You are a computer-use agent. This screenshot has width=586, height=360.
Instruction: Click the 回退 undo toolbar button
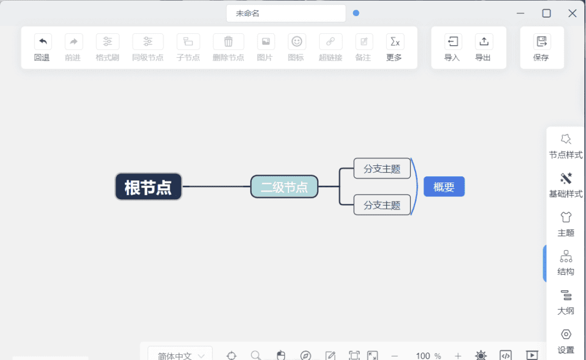coord(42,48)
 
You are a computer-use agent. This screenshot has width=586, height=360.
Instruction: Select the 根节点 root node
coord(148,187)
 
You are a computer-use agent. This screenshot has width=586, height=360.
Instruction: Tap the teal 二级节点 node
coord(284,187)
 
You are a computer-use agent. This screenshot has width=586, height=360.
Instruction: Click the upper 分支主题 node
coord(382,169)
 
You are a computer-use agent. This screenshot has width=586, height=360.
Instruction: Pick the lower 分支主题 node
coord(382,205)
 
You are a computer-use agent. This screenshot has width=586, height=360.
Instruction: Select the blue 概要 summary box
coord(444,187)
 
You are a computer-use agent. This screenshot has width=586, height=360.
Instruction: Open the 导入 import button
coord(452,48)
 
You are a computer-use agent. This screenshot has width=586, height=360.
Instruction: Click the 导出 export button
coord(483,48)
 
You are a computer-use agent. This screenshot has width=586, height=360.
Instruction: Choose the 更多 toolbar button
coord(395,48)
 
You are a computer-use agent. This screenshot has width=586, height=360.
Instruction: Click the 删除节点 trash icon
coord(228,42)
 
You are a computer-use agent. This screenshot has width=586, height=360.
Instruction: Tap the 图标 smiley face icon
coord(297,42)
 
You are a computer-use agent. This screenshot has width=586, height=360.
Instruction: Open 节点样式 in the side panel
coord(565,147)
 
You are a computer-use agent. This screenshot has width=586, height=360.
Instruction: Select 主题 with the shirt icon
coord(565,224)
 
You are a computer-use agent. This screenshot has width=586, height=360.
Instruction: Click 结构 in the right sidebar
coord(565,263)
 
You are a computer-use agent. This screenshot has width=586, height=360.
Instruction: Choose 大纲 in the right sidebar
coord(565,302)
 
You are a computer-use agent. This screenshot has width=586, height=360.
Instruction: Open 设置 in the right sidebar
coord(565,341)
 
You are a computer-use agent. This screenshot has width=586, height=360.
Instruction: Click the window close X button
coord(572,14)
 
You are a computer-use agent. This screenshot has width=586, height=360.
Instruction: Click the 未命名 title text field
coord(286,14)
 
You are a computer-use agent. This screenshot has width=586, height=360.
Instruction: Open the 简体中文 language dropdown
coord(180,354)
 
